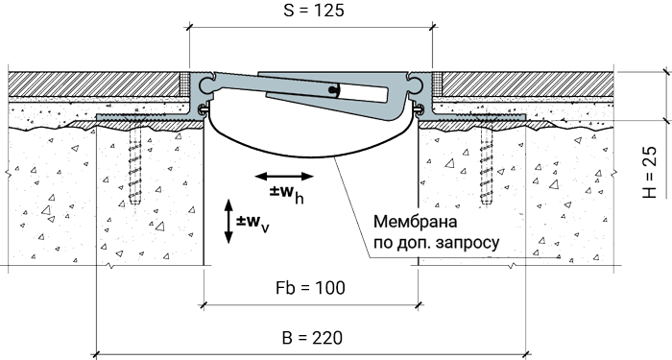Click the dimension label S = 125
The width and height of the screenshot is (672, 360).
(x=314, y=11)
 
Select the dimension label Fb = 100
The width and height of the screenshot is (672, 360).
(x=310, y=288)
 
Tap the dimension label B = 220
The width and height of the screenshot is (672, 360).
(x=312, y=338)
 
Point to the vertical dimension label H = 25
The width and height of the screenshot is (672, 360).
(x=650, y=172)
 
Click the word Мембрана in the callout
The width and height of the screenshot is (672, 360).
(x=416, y=222)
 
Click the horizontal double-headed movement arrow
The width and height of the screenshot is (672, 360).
(x=284, y=176)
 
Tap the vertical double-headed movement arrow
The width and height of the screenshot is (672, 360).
(x=228, y=222)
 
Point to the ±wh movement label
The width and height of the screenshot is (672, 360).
(x=287, y=193)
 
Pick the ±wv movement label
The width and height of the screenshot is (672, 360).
(x=252, y=224)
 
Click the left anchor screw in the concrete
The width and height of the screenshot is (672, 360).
(x=135, y=164)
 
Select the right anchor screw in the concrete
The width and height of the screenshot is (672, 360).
(x=487, y=164)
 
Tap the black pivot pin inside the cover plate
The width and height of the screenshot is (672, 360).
(x=333, y=89)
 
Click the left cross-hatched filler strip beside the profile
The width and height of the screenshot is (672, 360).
(x=184, y=84)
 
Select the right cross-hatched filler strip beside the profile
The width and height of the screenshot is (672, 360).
(x=437, y=84)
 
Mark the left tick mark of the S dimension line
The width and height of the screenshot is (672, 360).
(x=189, y=28)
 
